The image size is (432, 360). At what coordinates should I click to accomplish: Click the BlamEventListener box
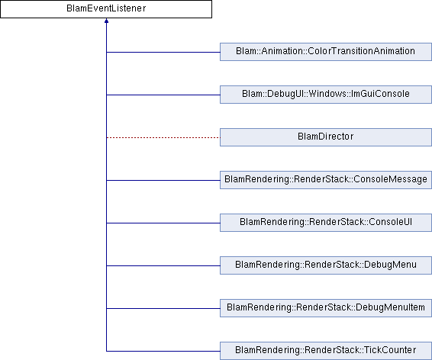click(x=106, y=9)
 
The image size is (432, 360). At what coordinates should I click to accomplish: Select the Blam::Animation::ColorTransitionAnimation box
click(x=326, y=52)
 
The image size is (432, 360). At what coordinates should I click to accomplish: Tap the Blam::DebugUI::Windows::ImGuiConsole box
click(x=326, y=95)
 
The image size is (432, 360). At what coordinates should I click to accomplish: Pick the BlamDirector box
click(x=326, y=137)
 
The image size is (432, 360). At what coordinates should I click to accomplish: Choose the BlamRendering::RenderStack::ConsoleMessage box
click(x=326, y=180)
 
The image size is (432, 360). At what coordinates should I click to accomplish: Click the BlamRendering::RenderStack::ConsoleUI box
click(x=326, y=223)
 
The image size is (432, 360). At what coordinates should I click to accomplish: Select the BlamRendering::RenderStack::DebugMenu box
click(x=326, y=265)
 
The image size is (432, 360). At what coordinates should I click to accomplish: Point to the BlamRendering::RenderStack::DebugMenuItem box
click(x=326, y=308)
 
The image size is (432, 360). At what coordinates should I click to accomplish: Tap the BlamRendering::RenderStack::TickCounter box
click(x=326, y=351)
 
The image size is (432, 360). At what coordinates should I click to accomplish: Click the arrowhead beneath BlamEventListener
click(x=106, y=21)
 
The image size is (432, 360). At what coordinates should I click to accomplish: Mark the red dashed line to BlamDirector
click(x=163, y=137)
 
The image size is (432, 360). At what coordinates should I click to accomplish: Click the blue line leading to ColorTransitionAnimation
click(x=163, y=52)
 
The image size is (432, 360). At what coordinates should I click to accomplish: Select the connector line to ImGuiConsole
click(x=163, y=95)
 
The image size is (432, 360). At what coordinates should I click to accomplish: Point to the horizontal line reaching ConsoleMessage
click(x=163, y=180)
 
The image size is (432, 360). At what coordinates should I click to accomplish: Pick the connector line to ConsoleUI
click(x=163, y=223)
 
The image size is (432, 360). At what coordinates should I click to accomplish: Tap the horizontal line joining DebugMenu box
click(x=163, y=265)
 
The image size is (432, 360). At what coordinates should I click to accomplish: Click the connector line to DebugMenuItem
click(x=163, y=308)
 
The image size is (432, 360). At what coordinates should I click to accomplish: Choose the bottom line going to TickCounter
click(x=163, y=351)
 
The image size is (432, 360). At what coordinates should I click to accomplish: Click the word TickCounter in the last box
click(x=390, y=350)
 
